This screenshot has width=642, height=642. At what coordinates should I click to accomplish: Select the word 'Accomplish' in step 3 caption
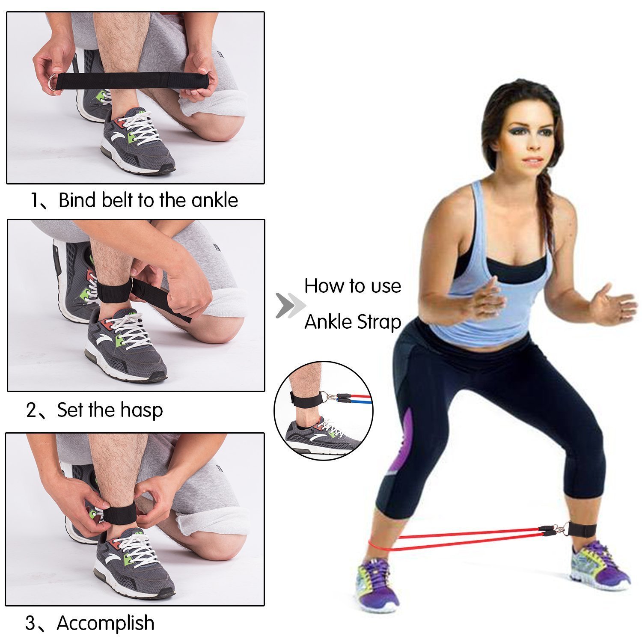point(105,623)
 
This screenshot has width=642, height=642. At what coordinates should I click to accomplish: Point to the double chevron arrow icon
point(290,306)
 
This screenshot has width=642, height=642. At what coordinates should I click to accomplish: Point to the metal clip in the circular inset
point(329,397)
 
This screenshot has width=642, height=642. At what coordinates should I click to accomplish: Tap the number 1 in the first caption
point(36,200)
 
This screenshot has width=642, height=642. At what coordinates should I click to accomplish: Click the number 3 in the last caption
point(31,623)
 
